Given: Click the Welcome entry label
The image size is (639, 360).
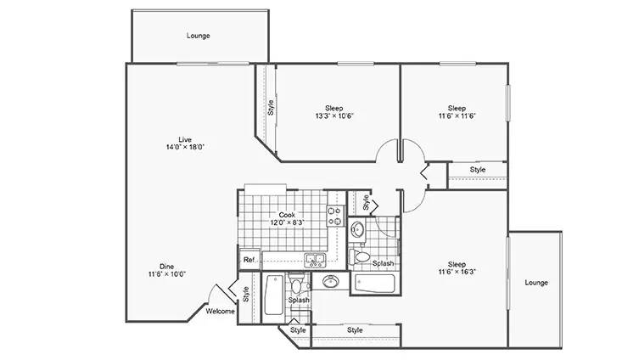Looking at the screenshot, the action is pos(220,311).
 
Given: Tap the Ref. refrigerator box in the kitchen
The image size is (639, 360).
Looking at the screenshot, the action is pos(249,259).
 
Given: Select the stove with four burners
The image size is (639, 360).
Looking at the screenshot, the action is pos(336,216).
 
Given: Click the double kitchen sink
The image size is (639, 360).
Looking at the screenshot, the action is pos(315,259).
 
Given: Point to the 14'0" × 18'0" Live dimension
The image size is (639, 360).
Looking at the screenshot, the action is pos(185,147).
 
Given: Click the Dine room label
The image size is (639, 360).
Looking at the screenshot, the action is pos(166,267).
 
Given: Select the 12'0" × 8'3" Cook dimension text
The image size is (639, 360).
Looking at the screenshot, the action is pos(288,222).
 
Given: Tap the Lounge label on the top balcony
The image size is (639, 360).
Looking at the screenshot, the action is pos(199,36).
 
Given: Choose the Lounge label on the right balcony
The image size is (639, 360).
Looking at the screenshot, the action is pos(536,282).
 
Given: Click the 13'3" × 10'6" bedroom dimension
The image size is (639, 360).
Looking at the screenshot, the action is pos(334,115).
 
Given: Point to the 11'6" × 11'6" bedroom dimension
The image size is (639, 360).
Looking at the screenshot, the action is pos(457,115).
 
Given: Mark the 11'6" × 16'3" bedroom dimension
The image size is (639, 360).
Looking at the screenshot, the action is pos(457,272).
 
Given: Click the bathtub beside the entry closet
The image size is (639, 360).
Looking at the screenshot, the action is pos(274,295).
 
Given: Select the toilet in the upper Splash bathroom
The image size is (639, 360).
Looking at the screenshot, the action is pos(360,256).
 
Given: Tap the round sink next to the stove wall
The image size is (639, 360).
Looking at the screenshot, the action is pos(358,228).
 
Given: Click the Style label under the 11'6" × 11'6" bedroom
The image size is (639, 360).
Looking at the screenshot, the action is pos(478,169).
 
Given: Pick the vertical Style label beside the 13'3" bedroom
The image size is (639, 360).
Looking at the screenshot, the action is pos(271,108).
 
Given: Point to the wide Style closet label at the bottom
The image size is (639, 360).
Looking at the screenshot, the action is pos(355,329).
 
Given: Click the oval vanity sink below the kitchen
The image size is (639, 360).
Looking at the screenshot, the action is pos(330,281).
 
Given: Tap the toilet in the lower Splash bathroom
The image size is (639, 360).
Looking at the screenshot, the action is pos(296,284).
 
